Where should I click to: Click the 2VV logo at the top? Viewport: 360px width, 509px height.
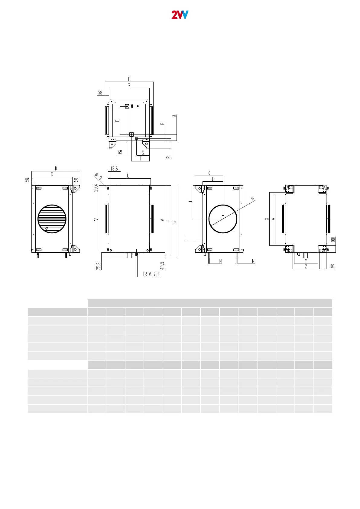pyautogui.click(x=180, y=15)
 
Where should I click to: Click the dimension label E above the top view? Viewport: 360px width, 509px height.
pyautogui.click(x=129, y=79)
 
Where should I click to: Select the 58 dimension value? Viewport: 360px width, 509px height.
pyautogui.click(x=100, y=93)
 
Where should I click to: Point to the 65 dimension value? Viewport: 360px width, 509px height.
pyautogui.click(x=120, y=152)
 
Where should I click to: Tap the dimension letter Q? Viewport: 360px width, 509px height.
pyautogui.click(x=174, y=116)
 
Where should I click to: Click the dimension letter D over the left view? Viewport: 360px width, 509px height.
pyautogui.click(x=56, y=168)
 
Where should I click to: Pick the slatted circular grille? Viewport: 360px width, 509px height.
pyautogui.click(x=52, y=219)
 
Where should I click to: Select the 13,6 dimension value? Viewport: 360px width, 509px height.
pyautogui.click(x=114, y=169)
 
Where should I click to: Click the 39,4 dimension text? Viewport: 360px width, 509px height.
pyautogui.click(x=96, y=188)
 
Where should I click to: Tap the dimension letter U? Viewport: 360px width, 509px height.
pyautogui.click(x=128, y=176)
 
